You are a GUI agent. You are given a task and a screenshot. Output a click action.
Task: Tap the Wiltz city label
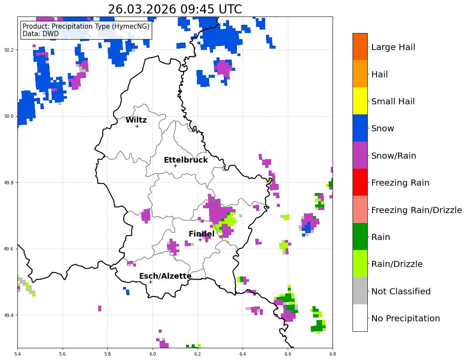136,120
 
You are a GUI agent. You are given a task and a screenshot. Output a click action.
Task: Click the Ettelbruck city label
186,160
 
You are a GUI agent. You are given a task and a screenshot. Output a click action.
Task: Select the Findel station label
201,234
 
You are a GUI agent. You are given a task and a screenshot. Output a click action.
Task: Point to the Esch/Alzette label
165,276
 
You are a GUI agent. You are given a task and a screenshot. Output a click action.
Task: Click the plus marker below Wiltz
137,126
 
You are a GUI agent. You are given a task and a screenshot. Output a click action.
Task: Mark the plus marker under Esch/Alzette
150,282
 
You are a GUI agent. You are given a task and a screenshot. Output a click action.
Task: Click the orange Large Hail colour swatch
360,47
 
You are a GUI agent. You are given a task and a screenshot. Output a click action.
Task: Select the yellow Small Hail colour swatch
360,101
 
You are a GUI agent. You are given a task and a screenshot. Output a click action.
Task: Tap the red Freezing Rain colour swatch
360,182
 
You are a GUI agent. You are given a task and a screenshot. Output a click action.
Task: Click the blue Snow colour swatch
360,128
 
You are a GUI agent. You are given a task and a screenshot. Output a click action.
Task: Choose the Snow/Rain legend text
393,156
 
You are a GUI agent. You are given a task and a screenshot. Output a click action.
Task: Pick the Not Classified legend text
401,291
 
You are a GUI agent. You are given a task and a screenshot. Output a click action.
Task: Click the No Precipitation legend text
406,318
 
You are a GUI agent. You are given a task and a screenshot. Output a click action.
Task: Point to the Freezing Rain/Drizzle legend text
416,210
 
